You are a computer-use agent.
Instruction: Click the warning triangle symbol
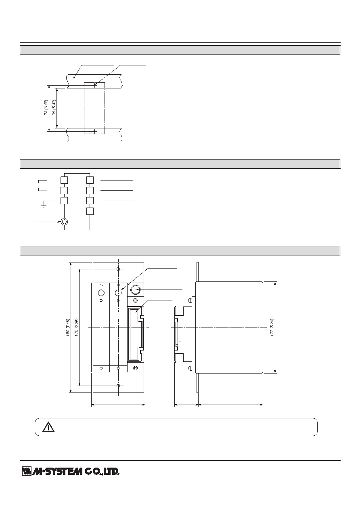click(48, 427)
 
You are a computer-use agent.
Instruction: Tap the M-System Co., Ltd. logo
click(71, 471)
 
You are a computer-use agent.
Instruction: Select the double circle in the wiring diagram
click(65, 222)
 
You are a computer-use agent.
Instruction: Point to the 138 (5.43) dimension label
click(54, 108)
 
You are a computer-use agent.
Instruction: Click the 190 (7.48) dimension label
click(68, 327)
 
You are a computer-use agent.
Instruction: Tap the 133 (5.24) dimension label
click(272, 327)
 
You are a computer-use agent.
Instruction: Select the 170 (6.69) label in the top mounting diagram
click(46, 108)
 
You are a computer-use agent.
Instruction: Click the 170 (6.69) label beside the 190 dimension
click(76, 327)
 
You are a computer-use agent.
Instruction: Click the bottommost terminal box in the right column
click(90, 211)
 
